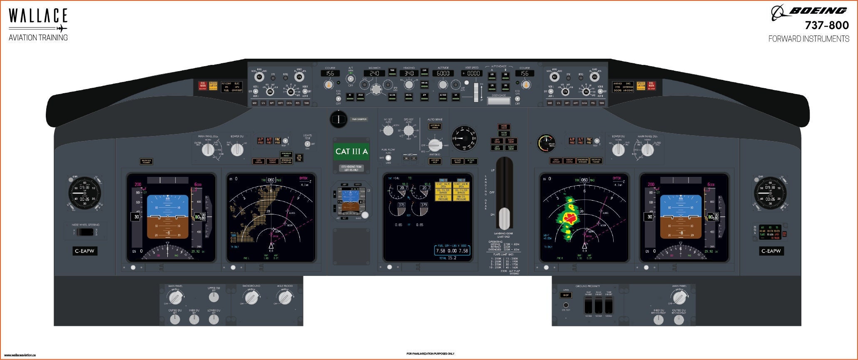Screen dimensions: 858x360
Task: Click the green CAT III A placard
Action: point(351,151)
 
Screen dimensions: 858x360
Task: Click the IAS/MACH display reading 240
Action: point(374,73)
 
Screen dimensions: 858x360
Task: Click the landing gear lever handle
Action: point(504,218)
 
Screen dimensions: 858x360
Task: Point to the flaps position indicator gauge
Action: point(463,137)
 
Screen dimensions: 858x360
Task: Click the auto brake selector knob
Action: point(435,145)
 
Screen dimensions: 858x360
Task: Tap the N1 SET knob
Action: point(388,131)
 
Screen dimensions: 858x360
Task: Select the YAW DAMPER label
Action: point(359,119)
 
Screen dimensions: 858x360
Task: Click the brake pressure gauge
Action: point(546,143)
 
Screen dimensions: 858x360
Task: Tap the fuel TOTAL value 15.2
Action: point(452,258)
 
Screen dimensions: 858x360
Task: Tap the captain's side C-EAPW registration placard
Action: point(85,251)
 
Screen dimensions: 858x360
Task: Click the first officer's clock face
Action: point(770,193)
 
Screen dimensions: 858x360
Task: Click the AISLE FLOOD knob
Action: point(285,297)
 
